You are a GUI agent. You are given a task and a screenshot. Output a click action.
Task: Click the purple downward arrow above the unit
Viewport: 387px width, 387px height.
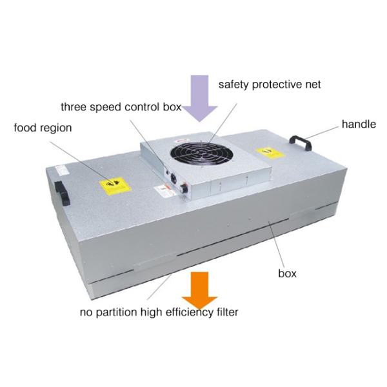tap(199, 98)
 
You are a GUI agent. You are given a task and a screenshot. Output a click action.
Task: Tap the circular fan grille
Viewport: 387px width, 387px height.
tap(201, 154)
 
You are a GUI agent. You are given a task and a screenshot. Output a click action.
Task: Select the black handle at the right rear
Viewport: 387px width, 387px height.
tap(301, 142)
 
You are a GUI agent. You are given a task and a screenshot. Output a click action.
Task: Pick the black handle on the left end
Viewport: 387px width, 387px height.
tap(62, 193)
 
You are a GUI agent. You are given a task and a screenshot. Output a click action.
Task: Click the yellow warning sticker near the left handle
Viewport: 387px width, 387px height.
tap(115, 186)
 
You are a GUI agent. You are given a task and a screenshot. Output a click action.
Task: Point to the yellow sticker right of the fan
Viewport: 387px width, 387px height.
tap(270, 153)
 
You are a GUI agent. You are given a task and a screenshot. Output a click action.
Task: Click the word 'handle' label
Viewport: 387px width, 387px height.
tap(359, 124)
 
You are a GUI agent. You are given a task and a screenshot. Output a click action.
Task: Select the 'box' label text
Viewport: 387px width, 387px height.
tap(287, 273)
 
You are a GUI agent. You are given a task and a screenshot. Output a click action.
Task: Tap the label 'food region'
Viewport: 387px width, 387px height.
tap(43, 128)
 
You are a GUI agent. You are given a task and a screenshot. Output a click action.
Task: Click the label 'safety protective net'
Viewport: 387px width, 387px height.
tap(270, 84)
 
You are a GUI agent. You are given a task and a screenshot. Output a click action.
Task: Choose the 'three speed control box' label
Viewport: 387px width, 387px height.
tap(121, 107)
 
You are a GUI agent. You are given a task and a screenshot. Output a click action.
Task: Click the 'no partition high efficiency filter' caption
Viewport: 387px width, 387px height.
tap(159, 312)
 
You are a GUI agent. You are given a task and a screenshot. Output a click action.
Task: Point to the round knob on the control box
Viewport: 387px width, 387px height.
tap(184, 188)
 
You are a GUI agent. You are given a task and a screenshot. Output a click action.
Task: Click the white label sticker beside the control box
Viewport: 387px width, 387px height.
tap(164, 192)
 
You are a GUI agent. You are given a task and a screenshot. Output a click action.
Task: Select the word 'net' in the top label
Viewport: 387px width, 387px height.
tap(313, 85)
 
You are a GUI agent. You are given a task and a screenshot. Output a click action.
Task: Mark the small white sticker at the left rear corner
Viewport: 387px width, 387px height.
tap(61, 170)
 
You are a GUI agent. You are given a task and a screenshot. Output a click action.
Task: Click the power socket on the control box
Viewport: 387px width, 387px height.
tap(174, 178)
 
